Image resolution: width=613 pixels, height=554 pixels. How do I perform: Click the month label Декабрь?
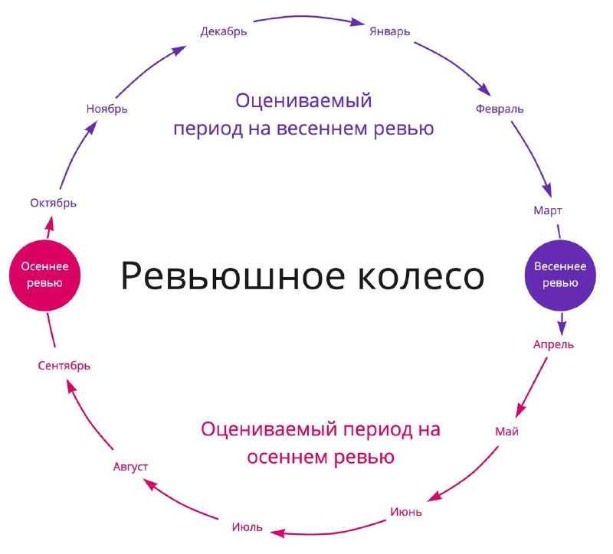(224, 31)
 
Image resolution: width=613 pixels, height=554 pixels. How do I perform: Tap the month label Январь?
(390, 31)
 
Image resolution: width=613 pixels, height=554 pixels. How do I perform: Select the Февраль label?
(500, 109)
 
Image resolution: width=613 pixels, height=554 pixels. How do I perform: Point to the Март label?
(548, 211)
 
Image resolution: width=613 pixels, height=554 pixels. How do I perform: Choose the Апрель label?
(553, 345)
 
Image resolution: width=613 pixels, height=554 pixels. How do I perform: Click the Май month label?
(506, 432)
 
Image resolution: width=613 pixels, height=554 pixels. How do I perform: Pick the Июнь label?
(406, 512)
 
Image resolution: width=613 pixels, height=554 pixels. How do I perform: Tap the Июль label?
(247, 527)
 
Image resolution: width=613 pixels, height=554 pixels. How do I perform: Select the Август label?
(130, 467)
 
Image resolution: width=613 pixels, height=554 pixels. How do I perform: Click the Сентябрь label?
(64, 366)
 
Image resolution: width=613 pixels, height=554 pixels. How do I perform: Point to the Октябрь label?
(53, 203)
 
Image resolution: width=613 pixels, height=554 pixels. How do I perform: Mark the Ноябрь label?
(107, 109)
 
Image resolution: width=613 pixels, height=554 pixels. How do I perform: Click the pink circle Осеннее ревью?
(44, 275)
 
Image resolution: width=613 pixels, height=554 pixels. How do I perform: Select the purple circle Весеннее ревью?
(560, 275)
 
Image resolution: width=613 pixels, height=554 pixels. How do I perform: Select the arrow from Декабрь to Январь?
(309, 17)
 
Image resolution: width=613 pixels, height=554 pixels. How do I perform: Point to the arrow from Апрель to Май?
(532, 387)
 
